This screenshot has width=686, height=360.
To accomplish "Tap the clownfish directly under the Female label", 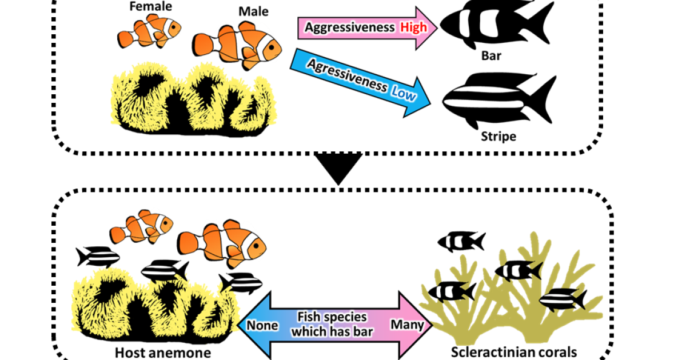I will (x=150, y=32).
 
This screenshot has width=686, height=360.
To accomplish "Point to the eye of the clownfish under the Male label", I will (x=273, y=46).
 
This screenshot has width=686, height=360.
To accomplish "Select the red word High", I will (x=413, y=27).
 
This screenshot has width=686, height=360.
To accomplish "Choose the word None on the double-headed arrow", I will (x=262, y=325).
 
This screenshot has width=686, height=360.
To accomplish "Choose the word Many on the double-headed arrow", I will (x=407, y=325).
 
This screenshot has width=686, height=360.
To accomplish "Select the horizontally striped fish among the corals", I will (x=563, y=298).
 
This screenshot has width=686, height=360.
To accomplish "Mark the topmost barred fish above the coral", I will (x=461, y=241).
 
